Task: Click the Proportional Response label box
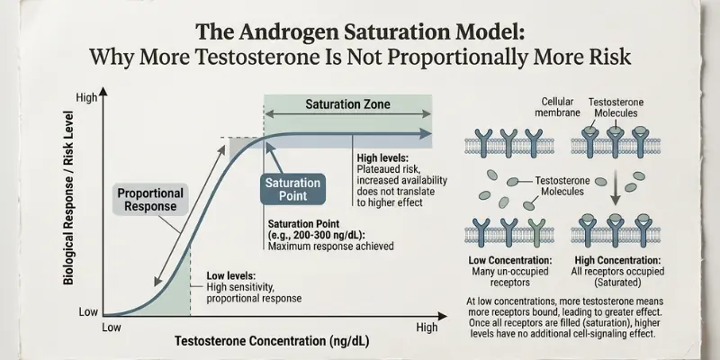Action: [x=150, y=199]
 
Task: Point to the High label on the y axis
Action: [x=86, y=97]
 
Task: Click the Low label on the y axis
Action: [x=87, y=311]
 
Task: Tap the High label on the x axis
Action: [x=427, y=328]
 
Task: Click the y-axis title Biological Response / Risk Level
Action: [x=68, y=208]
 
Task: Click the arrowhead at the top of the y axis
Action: [x=103, y=91]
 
